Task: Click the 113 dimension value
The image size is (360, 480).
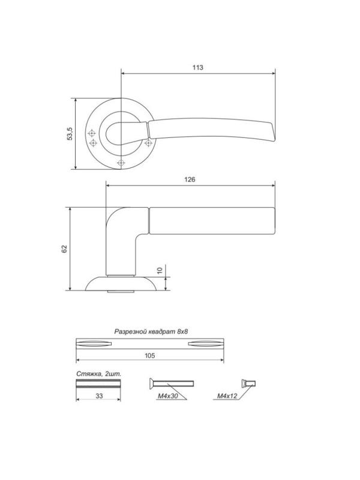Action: tap(198, 67)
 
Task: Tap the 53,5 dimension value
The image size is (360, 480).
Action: tap(70, 133)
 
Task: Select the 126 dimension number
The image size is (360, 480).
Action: tap(190, 179)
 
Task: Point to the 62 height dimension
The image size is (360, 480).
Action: tap(64, 249)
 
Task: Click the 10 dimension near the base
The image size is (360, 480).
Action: tap(160, 271)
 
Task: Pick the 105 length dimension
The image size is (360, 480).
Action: tap(149, 355)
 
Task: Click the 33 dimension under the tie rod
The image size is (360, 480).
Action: tap(99, 396)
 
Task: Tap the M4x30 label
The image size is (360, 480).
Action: tap(168, 396)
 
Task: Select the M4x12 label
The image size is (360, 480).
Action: tap(227, 396)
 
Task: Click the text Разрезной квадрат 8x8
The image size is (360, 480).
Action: tap(151, 332)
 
